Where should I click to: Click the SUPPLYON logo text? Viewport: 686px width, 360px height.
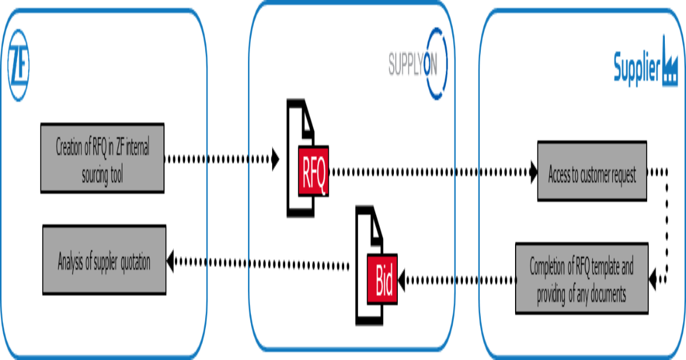[x=413, y=64]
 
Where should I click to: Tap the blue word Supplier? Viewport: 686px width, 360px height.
[x=637, y=68]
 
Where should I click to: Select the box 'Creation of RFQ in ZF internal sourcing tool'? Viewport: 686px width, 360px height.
[x=102, y=158]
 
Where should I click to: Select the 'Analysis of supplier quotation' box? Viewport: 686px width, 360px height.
[x=105, y=260]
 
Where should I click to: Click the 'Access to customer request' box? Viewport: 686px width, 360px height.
[x=592, y=171]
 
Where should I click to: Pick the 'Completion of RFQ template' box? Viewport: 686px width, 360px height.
[x=582, y=278]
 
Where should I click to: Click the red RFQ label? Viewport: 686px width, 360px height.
[x=314, y=171]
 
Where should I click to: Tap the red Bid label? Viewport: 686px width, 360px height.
[x=382, y=279]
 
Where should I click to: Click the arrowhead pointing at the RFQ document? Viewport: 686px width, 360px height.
[x=276, y=159]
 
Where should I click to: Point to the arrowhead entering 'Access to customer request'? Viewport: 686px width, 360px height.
[x=534, y=172]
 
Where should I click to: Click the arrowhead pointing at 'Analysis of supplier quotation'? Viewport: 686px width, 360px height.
[x=170, y=261]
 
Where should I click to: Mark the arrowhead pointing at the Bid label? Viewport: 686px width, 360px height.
[x=401, y=280]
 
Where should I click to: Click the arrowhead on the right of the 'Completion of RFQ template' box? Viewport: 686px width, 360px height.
[x=653, y=279]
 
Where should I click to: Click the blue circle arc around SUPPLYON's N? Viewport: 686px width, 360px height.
[x=445, y=63]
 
